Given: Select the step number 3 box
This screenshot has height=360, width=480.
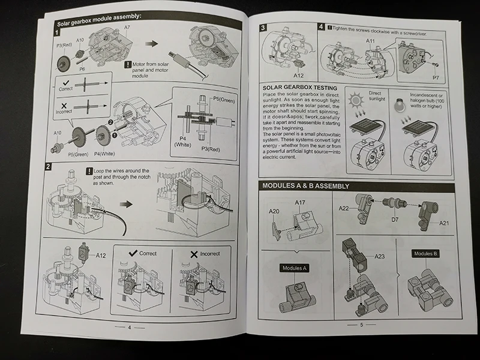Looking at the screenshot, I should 263,28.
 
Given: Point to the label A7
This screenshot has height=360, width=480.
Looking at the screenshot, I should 127,28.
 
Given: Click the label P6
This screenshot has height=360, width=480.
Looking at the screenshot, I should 82,69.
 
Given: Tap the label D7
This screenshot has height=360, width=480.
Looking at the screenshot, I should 395,220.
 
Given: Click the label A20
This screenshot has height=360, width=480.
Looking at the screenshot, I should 274,212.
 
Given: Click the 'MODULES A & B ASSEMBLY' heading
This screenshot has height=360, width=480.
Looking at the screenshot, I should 305,186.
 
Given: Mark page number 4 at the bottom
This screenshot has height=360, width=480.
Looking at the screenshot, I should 128,328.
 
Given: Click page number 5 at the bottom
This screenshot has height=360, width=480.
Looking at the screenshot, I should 362,325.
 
